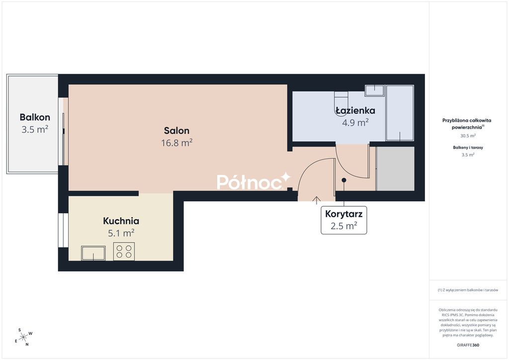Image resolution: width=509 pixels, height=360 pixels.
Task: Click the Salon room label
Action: point(176,130)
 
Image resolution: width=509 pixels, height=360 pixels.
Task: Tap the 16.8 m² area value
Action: point(177,143)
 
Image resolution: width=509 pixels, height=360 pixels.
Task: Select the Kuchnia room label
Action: point(121,221)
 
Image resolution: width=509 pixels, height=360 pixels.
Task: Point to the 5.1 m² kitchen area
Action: point(121,233)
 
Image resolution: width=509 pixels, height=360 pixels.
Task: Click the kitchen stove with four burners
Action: point(124,252)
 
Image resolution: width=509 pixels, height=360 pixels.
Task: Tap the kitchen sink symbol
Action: point(93,253)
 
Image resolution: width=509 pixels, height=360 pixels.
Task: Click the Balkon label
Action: point(35,117)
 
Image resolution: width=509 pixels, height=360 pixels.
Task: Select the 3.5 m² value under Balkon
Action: point(35,129)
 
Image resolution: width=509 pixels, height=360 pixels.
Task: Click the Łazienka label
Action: point(355,110)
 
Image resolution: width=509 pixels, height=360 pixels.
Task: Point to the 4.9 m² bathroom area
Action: point(355,122)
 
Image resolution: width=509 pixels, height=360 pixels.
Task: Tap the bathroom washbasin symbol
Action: point(374,90)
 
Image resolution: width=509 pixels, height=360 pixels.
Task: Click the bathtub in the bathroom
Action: point(400,113)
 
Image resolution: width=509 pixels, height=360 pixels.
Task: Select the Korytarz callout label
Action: point(344,214)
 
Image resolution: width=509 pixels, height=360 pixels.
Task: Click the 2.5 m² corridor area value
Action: point(344,226)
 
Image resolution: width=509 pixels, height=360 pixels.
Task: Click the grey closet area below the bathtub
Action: point(395,169)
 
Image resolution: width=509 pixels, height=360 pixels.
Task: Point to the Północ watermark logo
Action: point(254,181)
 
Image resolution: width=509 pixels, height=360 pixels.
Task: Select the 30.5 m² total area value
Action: point(468,136)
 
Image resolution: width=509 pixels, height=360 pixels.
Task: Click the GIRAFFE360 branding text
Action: point(468,345)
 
